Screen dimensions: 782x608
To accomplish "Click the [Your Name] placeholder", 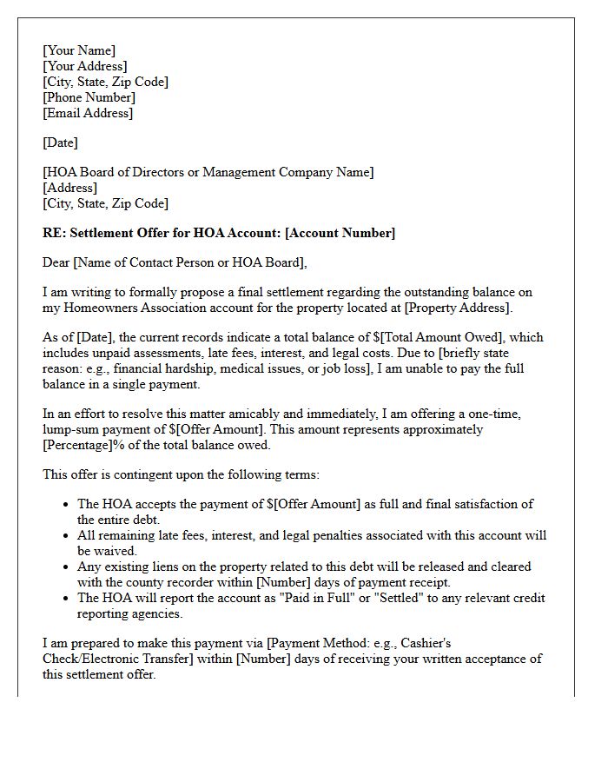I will pos(79,50).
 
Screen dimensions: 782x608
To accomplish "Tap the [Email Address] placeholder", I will pos(88,113).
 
